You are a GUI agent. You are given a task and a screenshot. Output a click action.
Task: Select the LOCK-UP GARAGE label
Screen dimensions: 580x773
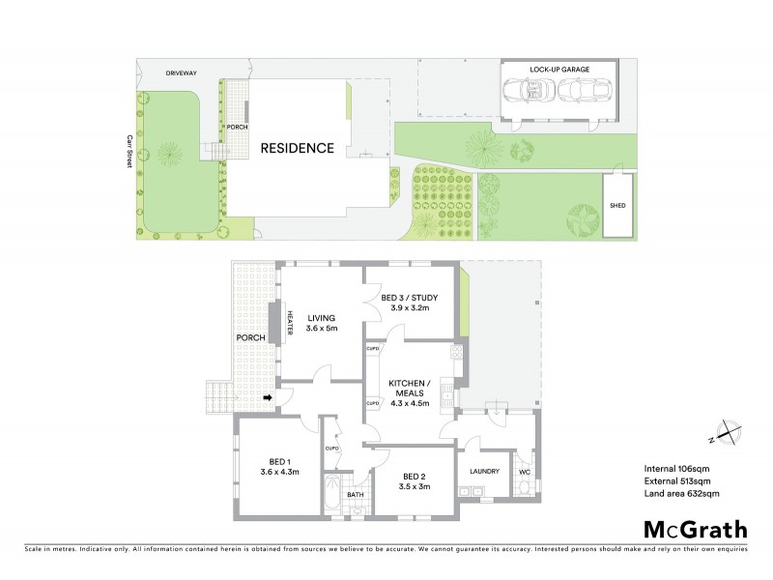[558, 70]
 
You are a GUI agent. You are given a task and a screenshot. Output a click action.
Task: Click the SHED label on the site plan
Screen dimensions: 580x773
[616, 205]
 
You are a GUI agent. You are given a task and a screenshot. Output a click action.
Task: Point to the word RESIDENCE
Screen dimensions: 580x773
[296, 149]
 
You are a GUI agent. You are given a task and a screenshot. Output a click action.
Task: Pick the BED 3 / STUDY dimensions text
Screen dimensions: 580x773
[406, 307]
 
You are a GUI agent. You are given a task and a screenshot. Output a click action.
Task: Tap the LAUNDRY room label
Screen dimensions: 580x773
[483, 472]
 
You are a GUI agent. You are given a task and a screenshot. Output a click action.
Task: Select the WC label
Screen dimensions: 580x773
[525, 473]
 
